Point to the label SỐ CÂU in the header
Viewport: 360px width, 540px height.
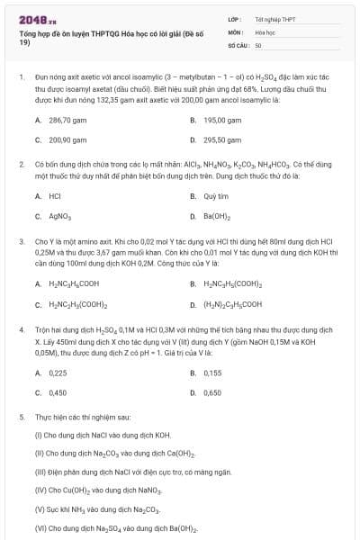point(238,44)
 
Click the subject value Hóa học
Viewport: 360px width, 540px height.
point(265,31)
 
